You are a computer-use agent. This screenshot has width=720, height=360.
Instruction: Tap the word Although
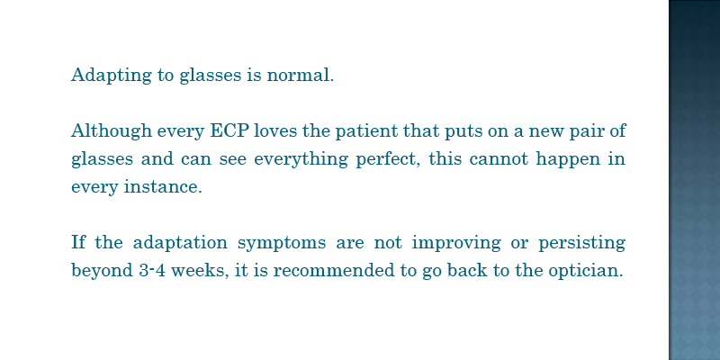(x=111, y=130)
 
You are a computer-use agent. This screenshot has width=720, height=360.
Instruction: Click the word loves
(x=275, y=130)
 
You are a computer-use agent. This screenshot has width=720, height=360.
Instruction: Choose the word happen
(x=569, y=160)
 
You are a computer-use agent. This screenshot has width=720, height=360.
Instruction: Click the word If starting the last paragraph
(x=78, y=241)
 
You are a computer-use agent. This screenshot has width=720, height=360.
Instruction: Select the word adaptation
(x=180, y=242)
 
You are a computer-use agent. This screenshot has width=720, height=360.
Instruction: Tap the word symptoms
(x=282, y=243)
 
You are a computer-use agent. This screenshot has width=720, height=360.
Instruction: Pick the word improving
(x=456, y=243)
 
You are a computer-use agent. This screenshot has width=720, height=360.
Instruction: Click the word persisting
(x=581, y=243)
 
